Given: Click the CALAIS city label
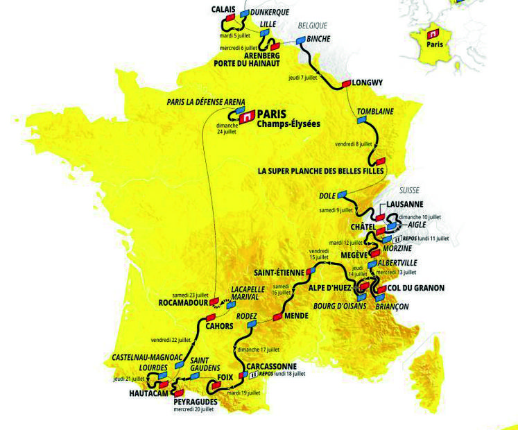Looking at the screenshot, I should pyautogui.click(x=223, y=9).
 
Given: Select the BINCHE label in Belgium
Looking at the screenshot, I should pyautogui.click(x=318, y=39).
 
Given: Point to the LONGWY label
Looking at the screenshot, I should pyautogui.click(x=368, y=81).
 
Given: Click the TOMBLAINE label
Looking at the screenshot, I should pyautogui.click(x=374, y=112).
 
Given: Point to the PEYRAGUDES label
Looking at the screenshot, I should pyautogui.click(x=196, y=402).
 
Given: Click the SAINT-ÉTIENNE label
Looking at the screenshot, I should pyautogui.click(x=279, y=273).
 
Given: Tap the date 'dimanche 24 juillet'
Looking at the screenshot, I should pyautogui.click(x=228, y=128).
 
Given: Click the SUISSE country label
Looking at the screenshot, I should pyautogui.click(x=411, y=189).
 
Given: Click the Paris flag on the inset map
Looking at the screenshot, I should pyautogui.click(x=433, y=33).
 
